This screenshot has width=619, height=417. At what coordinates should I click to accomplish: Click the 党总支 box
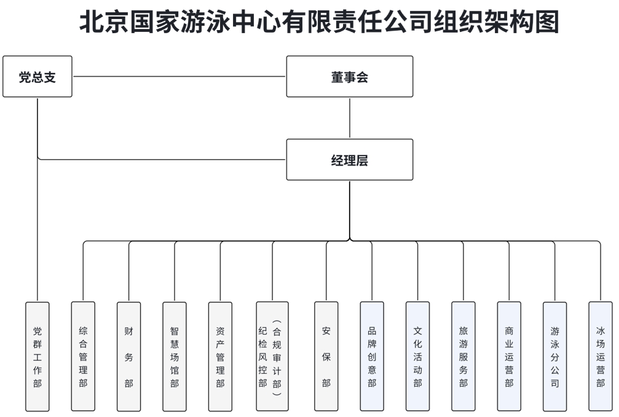(37, 77)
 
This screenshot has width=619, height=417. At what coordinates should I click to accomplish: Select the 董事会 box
(349, 77)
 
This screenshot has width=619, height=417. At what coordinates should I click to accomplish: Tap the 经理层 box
(349, 160)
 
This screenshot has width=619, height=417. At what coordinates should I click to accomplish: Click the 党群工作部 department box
(37, 357)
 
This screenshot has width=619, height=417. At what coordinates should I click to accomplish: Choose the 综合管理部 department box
(83, 357)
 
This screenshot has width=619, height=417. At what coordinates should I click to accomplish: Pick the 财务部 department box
(128, 357)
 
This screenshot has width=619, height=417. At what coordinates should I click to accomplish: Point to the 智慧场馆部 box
(175, 357)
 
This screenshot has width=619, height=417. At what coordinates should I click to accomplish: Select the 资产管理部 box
(220, 357)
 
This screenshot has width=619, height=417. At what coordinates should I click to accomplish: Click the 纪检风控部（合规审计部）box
(272, 357)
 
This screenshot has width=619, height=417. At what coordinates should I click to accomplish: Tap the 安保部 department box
(326, 357)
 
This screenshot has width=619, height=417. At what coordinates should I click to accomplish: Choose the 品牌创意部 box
(372, 357)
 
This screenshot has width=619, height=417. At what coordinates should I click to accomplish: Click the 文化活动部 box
(417, 357)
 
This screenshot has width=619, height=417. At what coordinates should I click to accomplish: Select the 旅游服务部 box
(463, 357)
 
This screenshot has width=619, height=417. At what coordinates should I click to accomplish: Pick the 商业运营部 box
(509, 357)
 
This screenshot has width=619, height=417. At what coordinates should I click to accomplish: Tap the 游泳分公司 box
(555, 357)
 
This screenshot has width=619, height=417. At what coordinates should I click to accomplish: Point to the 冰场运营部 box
(601, 357)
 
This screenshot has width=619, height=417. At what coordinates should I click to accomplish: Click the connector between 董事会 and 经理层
(349, 118)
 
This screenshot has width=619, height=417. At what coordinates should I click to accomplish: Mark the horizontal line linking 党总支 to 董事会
(179, 77)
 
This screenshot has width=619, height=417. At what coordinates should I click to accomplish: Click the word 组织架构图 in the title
(496, 21)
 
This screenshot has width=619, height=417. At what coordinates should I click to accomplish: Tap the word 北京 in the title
(104, 21)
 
